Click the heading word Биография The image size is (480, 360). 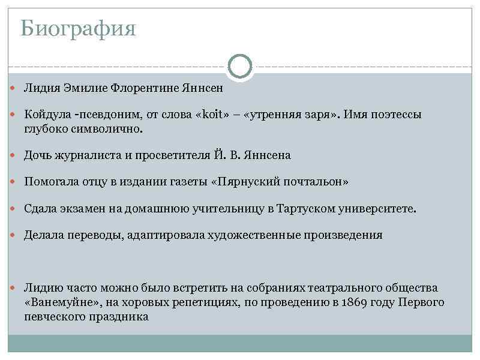coord(78,28)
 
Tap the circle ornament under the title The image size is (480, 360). coord(240,66)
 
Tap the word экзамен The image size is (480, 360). coord(82,209)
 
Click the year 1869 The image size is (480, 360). coord(352,302)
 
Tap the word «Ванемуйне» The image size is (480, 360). coord(58,302)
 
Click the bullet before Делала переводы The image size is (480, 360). coord(15,235)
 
